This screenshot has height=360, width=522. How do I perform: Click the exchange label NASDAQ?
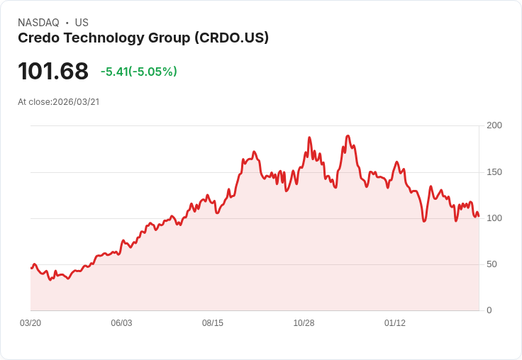pos(38,23)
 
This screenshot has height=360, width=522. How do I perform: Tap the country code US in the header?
pos(82,23)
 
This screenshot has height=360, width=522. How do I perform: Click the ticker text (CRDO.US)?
pos(231,38)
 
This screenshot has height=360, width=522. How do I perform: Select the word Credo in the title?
pos(37,38)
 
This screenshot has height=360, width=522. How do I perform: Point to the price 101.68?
pos(53,72)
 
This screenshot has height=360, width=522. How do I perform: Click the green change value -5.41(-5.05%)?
pos(138,72)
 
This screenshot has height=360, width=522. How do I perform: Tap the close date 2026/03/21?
pos(76,102)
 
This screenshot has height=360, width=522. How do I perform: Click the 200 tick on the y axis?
pos(494,125)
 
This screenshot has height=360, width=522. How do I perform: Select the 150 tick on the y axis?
pos(494,172)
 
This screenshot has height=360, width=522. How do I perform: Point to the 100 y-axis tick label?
pos(494,218)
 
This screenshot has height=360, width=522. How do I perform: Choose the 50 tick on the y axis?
pos(492,264)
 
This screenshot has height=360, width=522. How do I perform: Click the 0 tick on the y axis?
pos(489,310)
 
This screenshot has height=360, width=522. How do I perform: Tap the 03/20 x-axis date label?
pos(30,323)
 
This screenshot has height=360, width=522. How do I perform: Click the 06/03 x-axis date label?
pos(121,323)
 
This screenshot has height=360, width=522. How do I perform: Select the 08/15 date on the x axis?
pos(213,323)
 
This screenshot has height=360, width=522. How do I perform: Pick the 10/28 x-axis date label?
pos(304,323)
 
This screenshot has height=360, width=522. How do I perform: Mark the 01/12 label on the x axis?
pos(395,323)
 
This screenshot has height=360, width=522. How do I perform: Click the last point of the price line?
pos(479,216)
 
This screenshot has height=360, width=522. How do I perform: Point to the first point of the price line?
pos(30,268)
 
